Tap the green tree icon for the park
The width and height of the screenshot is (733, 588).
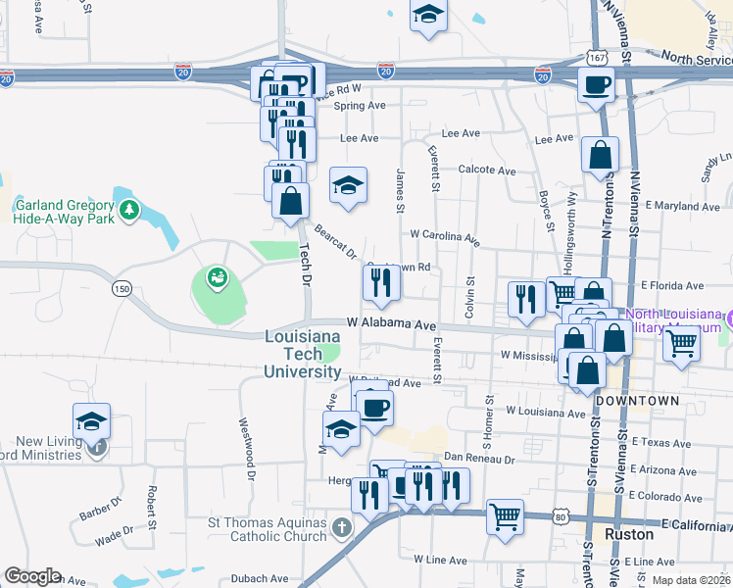(x=127, y=210)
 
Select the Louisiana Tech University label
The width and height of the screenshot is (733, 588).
(x=303, y=354)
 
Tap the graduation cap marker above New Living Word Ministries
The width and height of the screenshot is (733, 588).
(x=91, y=421)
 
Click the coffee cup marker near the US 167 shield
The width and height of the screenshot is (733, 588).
(x=596, y=84)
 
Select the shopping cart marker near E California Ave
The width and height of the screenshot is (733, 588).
(x=505, y=515)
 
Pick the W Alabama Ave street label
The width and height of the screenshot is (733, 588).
(x=390, y=323)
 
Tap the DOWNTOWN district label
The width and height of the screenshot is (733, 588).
(x=637, y=402)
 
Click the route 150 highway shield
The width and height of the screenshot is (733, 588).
(x=122, y=288)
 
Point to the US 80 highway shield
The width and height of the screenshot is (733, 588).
(x=560, y=514)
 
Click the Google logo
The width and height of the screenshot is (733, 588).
(x=32, y=576)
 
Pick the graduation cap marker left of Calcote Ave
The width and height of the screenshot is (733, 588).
(x=348, y=185)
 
